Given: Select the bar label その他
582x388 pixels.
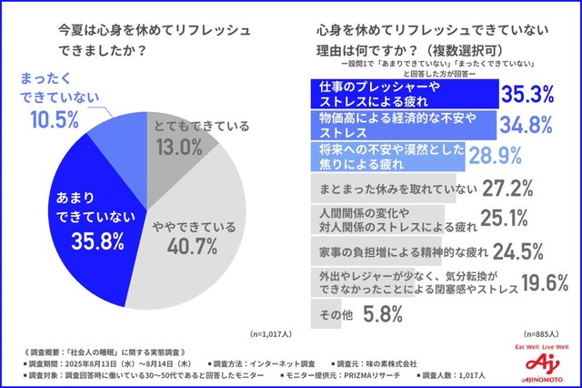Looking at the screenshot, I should [330, 316].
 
